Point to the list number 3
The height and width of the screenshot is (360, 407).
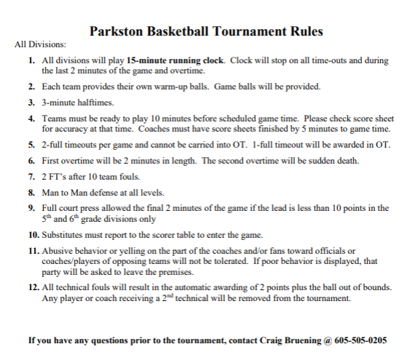(32, 103)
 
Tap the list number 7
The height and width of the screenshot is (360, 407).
(32, 178)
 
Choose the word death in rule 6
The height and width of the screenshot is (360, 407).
(332, 161)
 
